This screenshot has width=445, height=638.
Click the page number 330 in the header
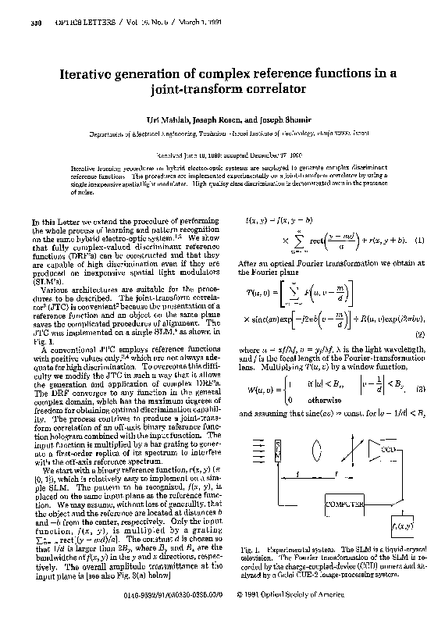tap(34, 23)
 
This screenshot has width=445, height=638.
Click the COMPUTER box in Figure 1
tap(345, 505)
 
